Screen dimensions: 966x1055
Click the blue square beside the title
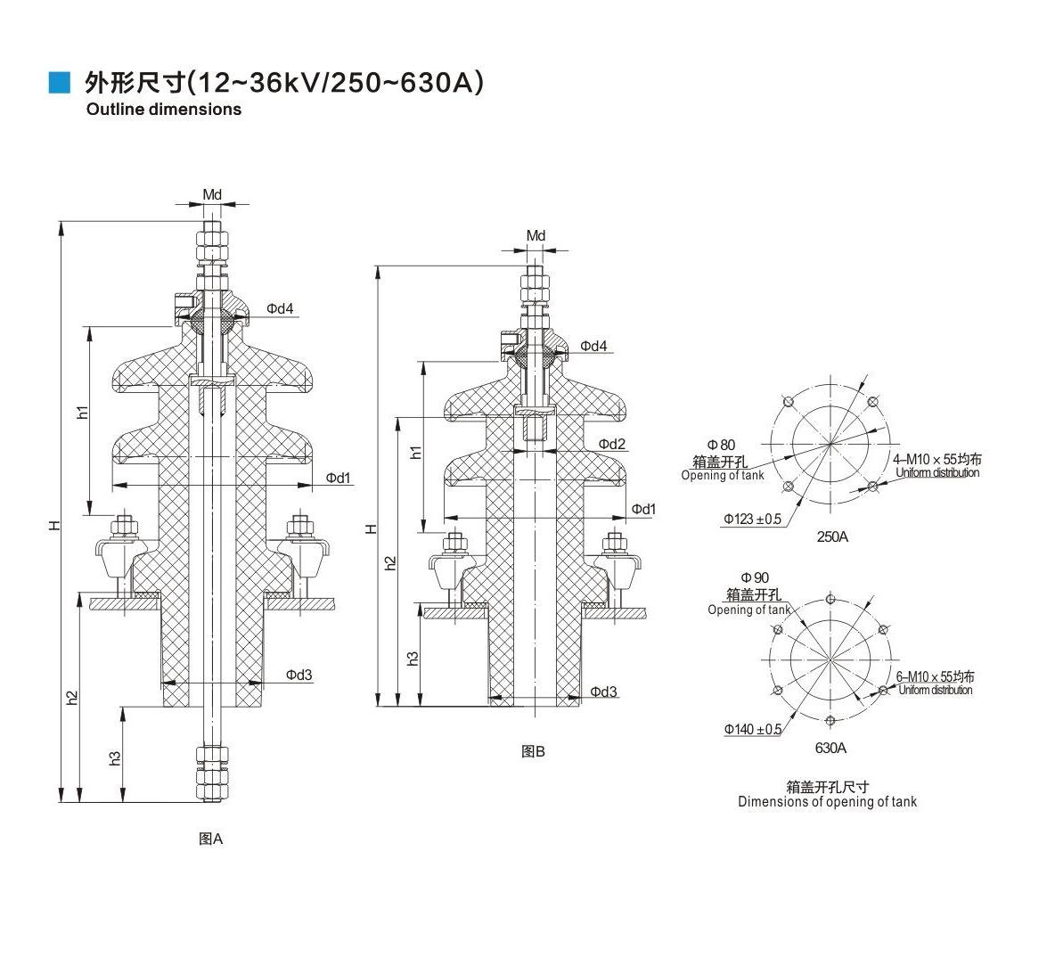60,83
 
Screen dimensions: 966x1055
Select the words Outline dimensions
163,110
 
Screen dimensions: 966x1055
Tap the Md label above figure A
212,195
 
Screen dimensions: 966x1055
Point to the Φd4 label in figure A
280,309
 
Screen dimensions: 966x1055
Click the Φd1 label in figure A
338,479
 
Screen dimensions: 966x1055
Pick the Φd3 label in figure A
299,675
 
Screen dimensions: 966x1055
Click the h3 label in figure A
115,757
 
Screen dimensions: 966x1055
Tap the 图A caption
210,839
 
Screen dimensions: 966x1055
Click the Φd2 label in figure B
612,444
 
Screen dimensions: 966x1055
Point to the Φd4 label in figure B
594,346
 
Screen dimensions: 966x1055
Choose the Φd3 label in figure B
603,692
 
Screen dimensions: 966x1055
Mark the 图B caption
533,752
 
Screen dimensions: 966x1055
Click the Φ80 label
722,445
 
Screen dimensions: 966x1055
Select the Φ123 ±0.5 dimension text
752,519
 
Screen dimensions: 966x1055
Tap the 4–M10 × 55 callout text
936,459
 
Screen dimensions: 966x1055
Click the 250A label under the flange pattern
832,537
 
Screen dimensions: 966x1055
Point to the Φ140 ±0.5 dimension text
753,730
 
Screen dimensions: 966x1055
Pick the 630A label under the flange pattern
830,749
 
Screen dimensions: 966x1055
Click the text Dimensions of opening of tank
827,802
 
